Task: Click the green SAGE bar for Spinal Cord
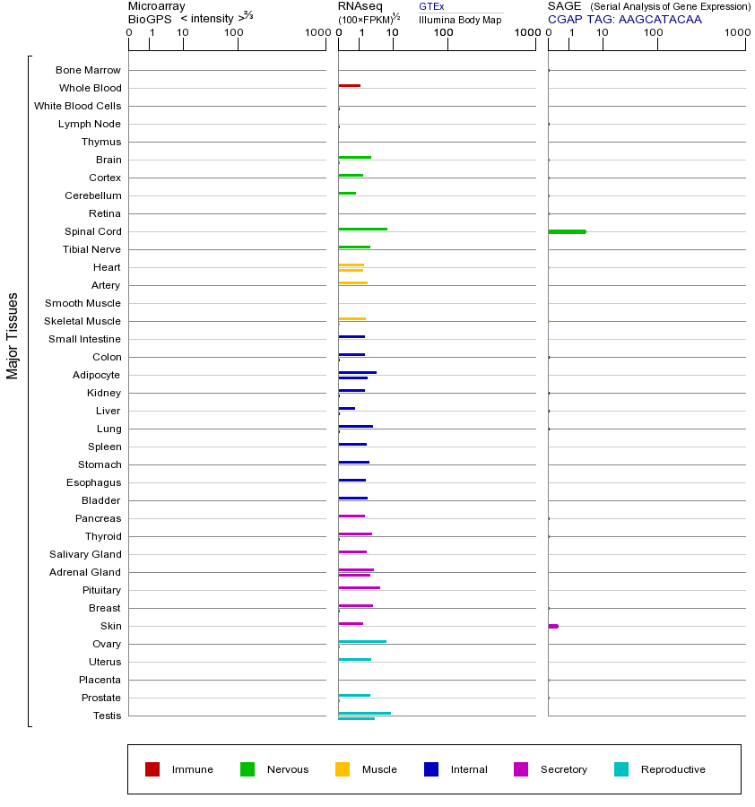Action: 567,231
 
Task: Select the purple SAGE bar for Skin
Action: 553,626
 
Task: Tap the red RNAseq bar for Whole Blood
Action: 349,86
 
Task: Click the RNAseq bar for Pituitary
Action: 359,588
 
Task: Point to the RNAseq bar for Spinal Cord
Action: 362,230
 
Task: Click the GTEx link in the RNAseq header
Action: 431,6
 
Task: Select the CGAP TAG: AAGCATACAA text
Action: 625,18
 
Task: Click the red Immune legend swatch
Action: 152,769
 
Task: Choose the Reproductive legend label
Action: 673,769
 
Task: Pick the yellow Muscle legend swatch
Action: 343,769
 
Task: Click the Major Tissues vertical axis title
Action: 13,335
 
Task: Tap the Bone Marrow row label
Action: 88,70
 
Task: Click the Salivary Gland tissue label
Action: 88,554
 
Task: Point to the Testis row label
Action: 107,716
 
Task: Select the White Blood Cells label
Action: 77,106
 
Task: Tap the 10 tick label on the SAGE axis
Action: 603,33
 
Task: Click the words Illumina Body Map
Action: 460,20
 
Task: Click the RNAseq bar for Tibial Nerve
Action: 353,247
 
